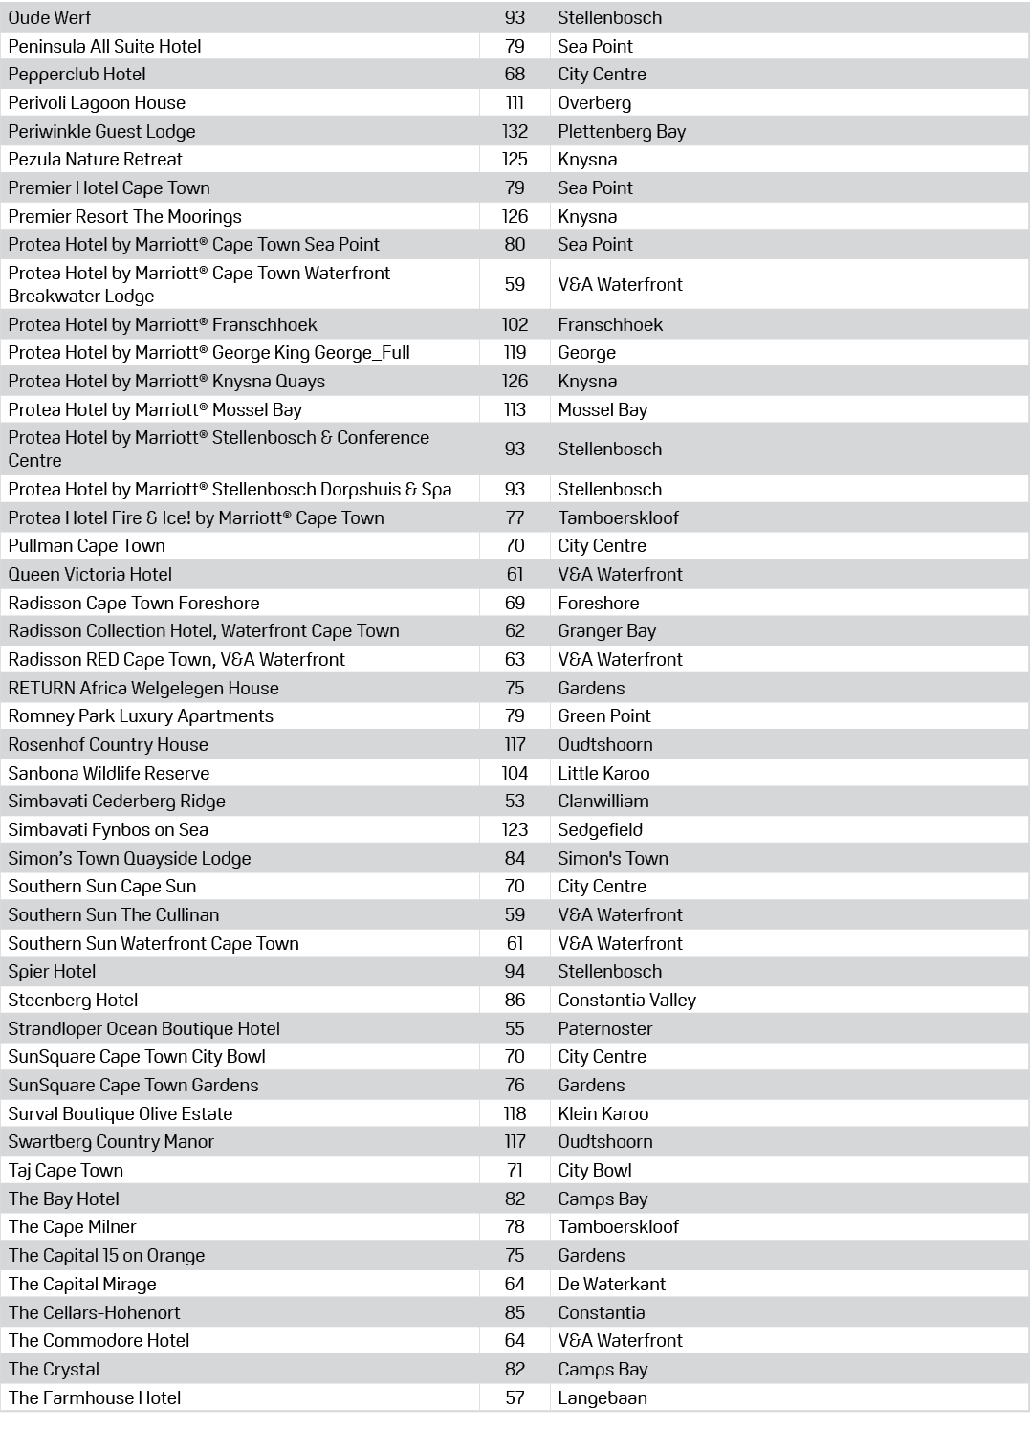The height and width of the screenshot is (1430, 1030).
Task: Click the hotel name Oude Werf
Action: pyautogui.click(x=50, y=17)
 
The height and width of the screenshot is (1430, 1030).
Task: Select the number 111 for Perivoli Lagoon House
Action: pyautogui.click(x=515, y=102)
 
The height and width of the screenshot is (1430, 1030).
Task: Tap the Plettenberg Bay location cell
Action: pyautogui.click(x=622, y=131)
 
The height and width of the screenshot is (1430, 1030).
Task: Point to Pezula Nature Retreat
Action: pyautogui.click(x=96, y=159)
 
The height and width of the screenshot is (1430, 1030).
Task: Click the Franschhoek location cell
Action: pyautogui.click(x=610, y=324)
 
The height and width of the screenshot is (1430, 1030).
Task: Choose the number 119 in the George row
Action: pyautogui.click(x=515, y=352)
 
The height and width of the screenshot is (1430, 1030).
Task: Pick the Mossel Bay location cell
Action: pyautogui.click(x=603, y=409)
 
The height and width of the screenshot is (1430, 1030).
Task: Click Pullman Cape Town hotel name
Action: pyautogui.click(x=87, y=545)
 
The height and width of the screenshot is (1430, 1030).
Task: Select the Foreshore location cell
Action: pyautogui.click(x=599, y=603)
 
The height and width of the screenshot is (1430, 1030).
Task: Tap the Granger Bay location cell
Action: pyautogui.click(x=607, y=630)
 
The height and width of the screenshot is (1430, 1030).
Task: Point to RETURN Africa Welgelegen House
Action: pyautogui.click(x=143, y=688)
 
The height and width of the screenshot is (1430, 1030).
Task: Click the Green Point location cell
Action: pyautogui.click(x=604, y=715)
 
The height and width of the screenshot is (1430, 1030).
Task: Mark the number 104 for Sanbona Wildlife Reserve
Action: pyautogui.click(x=515, y=773)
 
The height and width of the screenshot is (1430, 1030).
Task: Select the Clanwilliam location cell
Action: pyautogui.click(x=603, y=801)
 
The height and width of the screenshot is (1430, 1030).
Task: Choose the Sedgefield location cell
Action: pyautogui.click(x=601, y=829)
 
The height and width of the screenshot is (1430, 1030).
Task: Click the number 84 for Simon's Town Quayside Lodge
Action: pyautogui.click(x=515, y=858)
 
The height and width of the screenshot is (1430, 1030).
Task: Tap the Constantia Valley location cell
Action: pyautogui.click(x=627, y=1000)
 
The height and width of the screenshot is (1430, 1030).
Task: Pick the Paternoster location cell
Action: pyautogui.click(x=605, y=1028)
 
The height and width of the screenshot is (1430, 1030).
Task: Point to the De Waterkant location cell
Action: pyautogui.click(x=612, y=1284)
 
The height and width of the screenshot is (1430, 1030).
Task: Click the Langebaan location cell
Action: pyautogui.click(x=603, y=1397)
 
